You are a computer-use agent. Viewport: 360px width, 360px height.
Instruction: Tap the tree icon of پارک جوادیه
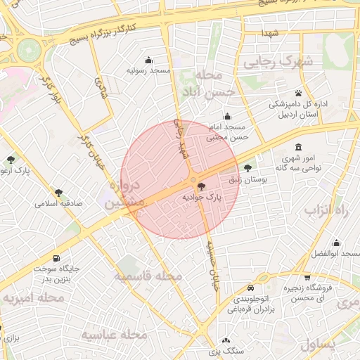[x=202, y=186]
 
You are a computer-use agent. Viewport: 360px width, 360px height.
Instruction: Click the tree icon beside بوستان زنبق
[x=247, y=168]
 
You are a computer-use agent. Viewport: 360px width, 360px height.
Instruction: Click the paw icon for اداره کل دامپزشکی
[x=299, y=93]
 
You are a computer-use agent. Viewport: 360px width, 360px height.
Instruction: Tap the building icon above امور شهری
[x=298, y=148]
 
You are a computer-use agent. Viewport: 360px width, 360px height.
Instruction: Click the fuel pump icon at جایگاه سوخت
[x=56, y=257]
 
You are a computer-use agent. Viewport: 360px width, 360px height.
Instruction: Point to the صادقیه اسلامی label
[x=59, y=204]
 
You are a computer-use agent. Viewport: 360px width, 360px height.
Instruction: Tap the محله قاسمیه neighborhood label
[x=148, y=276]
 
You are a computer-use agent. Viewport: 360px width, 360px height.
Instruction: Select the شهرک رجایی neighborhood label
[x=278, y=62]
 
